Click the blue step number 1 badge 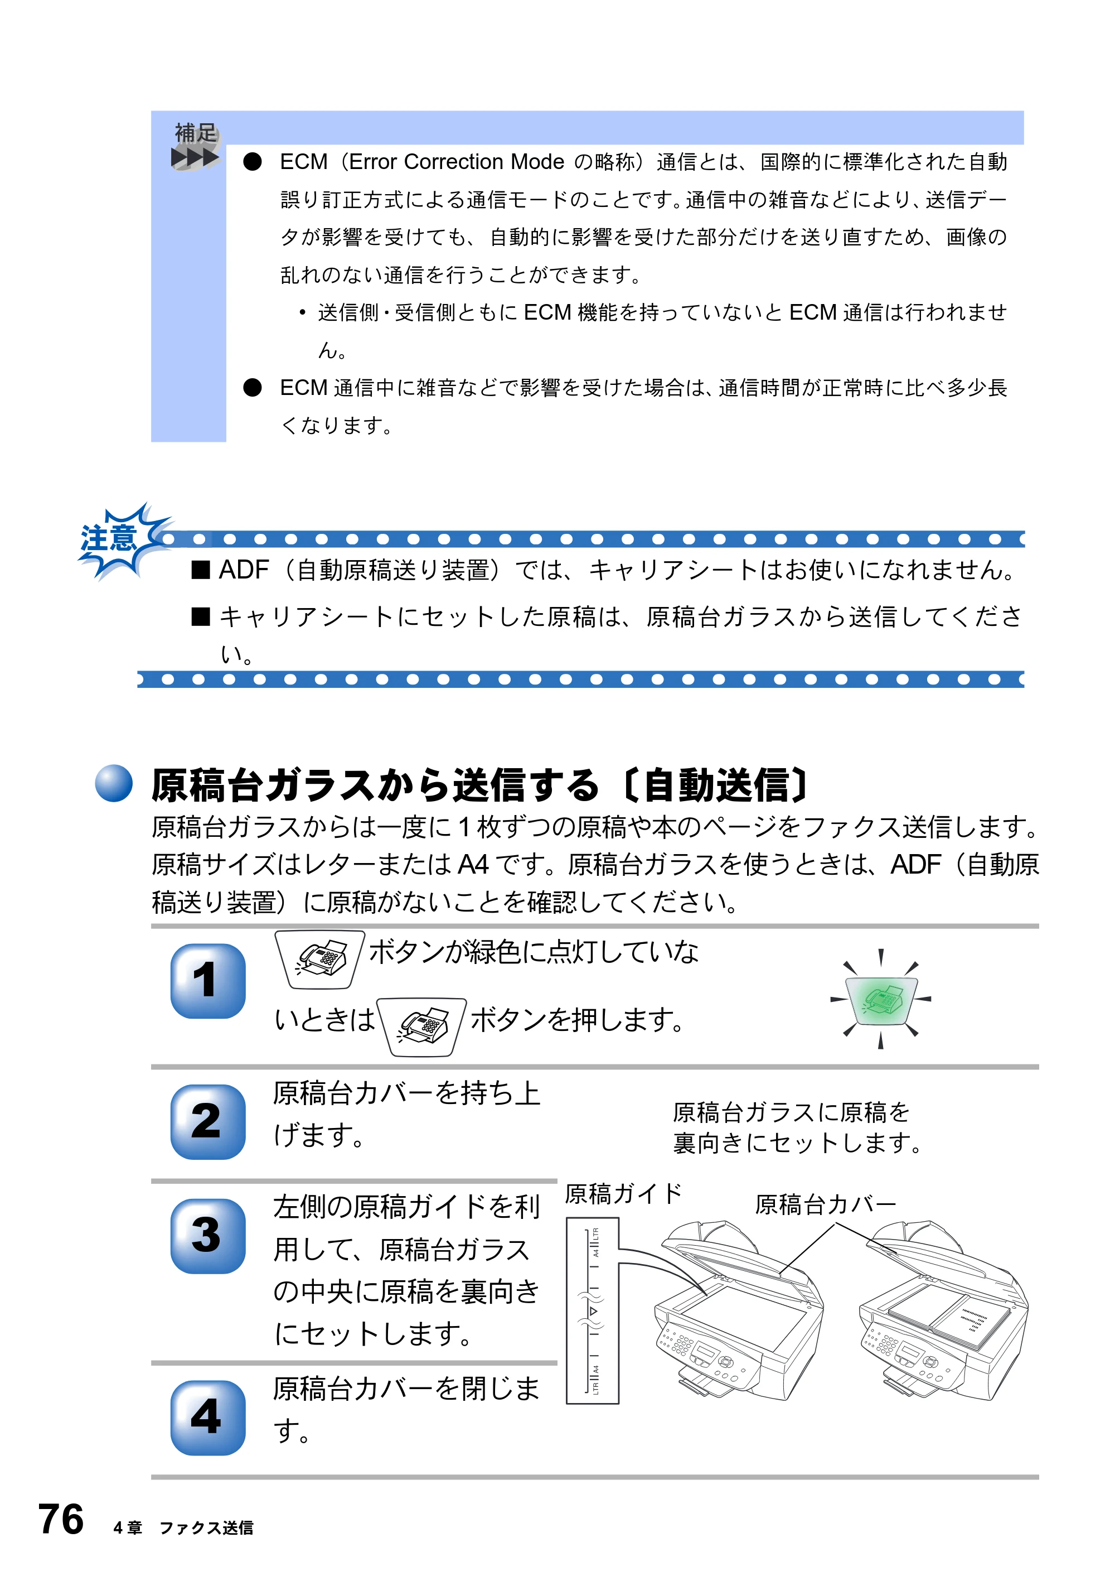[208, 981]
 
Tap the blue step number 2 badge [208, 1122]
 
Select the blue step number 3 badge [208, 1236]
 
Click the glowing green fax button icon [881, 999]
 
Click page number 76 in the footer [61, 1519]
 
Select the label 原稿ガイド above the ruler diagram [623, 1193]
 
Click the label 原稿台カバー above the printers [826, 1204]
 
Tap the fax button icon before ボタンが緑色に [320, 959]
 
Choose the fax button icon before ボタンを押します [422, 1026]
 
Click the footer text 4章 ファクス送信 [183, 1528]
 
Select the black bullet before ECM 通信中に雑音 [253, 388]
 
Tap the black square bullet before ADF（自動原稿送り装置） [200, 570]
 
